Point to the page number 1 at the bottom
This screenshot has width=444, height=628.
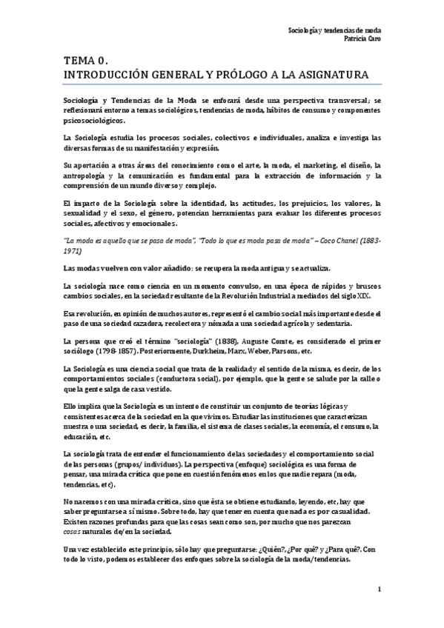click(378, 589)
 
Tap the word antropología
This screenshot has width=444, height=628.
click(87, 176)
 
